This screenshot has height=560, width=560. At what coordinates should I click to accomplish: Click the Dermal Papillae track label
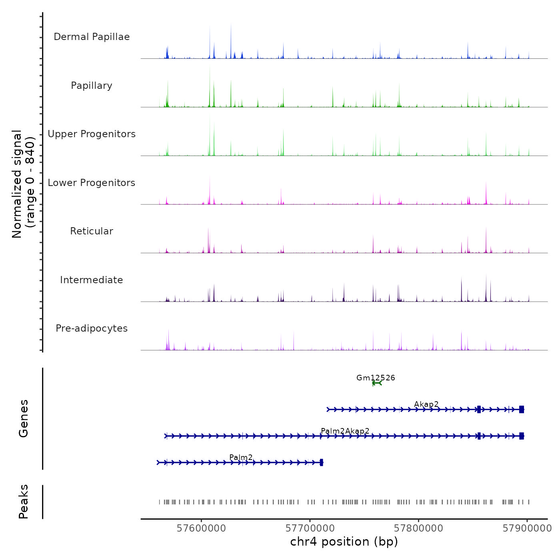[92, 37]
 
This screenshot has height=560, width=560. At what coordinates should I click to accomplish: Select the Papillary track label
[92, 86]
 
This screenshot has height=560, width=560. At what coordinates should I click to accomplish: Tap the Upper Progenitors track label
[92, 134]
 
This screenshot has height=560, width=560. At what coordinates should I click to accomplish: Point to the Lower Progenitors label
[92, 183]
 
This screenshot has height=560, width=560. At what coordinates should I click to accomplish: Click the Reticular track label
[92, 231]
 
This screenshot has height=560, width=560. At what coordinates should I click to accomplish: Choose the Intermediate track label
[92, 280]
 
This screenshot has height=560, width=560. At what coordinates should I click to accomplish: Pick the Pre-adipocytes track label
[92, 328]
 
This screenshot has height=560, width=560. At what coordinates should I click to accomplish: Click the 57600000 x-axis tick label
[201, 528]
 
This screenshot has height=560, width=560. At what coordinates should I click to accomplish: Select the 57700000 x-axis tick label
[310, 528]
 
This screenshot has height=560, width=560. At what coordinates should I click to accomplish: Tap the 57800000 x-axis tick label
[418, 528]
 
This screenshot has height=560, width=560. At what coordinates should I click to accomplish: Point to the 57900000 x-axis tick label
[527, 528]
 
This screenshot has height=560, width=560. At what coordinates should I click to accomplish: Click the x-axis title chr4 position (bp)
[344, 542]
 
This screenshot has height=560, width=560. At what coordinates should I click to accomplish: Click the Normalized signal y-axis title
[23, 184]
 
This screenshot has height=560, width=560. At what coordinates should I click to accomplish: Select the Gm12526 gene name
[376, 378]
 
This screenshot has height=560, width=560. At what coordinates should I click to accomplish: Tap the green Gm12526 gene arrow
[377, 383]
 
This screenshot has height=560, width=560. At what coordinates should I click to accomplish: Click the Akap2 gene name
[426, 404]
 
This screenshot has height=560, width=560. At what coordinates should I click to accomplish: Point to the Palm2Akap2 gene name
[345, 431]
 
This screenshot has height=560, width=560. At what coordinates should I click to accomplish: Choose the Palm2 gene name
[241, 457]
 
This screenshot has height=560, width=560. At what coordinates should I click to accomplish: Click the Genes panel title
[24, 418]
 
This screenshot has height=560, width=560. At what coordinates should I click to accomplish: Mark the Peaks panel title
[24, 502]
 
